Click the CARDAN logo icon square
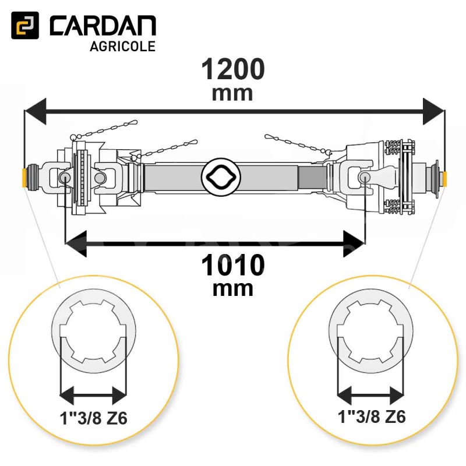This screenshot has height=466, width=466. tap(25, 25)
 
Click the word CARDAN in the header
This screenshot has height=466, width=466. tap(103, 26)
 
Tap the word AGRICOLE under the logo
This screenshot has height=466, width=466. tap(122, 47)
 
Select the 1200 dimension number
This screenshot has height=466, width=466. tap(232, 69)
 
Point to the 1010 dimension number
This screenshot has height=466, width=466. tap(232, 265)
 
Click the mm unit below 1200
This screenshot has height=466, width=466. tap(232, 94)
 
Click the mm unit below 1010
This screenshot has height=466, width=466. tap(232, 289)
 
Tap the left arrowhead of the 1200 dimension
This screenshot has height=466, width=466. tap(35, 111)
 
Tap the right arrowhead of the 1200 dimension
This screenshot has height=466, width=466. tap(434, 111)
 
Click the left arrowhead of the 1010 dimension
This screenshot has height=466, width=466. tap(76, 243)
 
